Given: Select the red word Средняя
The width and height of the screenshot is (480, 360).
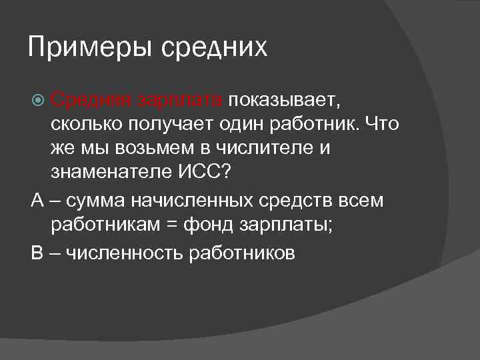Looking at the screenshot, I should pyautogui.click(x=91, y=101).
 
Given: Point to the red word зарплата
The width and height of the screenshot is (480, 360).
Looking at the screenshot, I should pyautogui.click(x=181, y=101).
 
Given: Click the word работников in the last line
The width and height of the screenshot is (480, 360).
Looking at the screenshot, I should pyautogui.click(x=242, y=253).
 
